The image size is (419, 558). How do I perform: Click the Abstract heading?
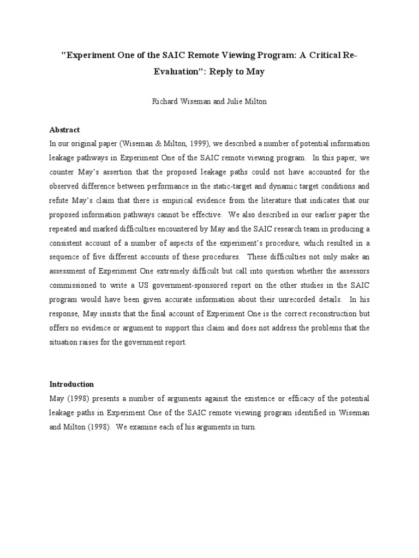64,130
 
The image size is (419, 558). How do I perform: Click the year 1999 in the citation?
192,144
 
